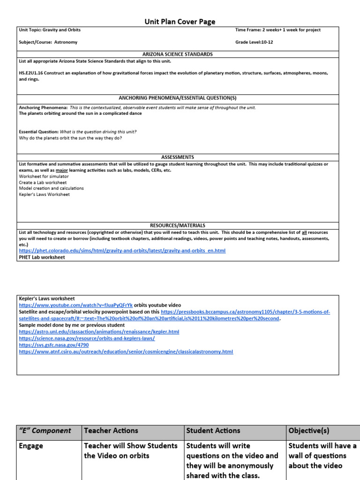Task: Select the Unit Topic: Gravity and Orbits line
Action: point(50,30)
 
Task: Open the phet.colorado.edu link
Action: point(122,251)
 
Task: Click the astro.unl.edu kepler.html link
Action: point(99,331)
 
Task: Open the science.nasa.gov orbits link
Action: point(87,338)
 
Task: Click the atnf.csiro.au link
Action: point(126,351)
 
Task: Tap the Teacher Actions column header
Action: point(111,430)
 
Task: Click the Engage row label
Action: point(31,446)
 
